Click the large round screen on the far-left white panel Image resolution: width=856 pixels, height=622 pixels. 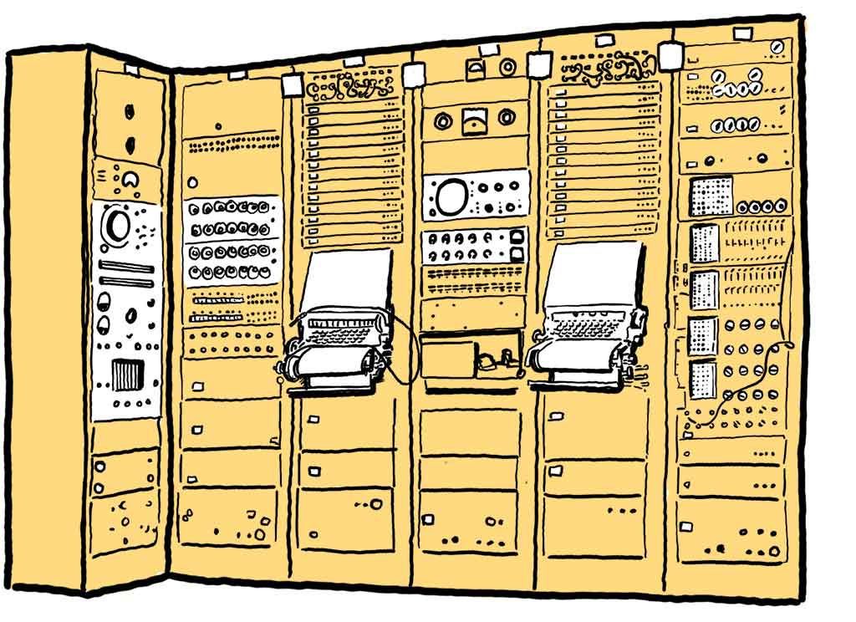point(116,224)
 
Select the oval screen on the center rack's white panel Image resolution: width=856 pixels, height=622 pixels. point(450,196)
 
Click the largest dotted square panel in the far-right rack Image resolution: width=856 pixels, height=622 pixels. point(711,196)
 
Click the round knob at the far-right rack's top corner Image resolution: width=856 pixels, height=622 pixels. point(778,46)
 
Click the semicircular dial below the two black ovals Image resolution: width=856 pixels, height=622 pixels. point(130,179)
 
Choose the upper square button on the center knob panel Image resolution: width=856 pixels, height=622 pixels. point(517,236)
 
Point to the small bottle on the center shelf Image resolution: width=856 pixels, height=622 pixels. point(487,362)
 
